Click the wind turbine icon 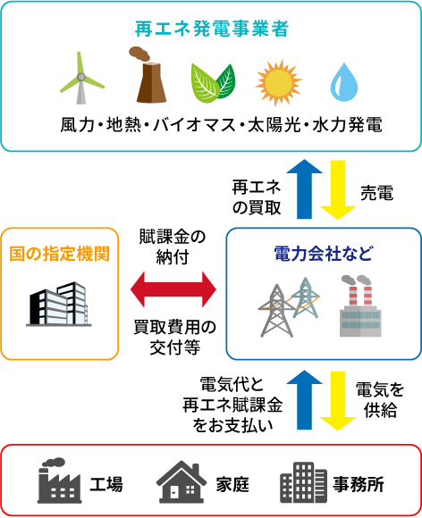click(81, 79)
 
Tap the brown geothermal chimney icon click(148, 75)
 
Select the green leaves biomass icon click(213, 83)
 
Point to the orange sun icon click(278, 82)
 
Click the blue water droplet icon click(344, 81)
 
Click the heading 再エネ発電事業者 click(212, 29)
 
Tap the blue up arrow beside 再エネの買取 click(304, 189)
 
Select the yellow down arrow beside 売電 click(338, 190)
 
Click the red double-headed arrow click(173, 289)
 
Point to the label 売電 click(377, 193)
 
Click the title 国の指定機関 click(60, 254)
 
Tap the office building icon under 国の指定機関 click(59, 304)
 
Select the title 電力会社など click(324, 254)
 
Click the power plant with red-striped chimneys click(360, 306)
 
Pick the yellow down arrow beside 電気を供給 click(338, 401)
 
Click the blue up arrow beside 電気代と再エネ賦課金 click(304, 400)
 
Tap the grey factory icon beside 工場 click(60, 480)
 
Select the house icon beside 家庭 click(181, 481)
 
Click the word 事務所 click(359, 484)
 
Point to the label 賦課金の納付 click(173, 247)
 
